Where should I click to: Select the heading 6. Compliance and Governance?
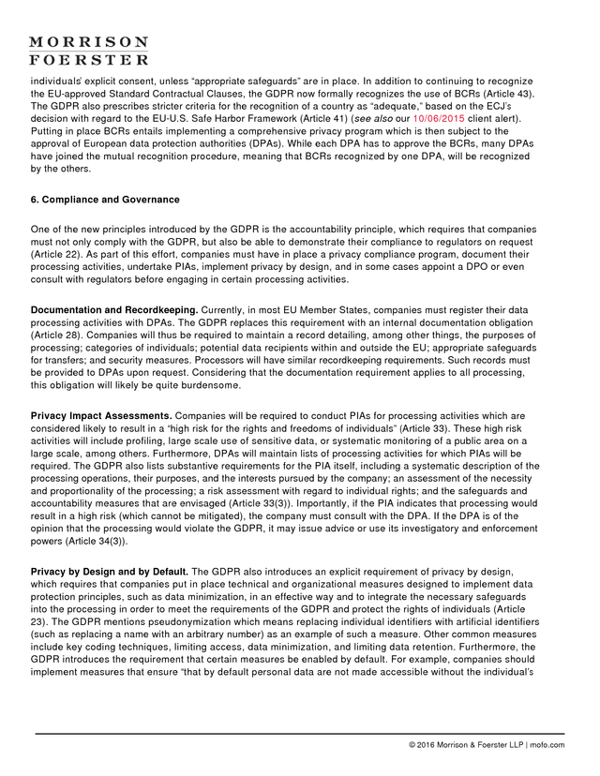(105, 200)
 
